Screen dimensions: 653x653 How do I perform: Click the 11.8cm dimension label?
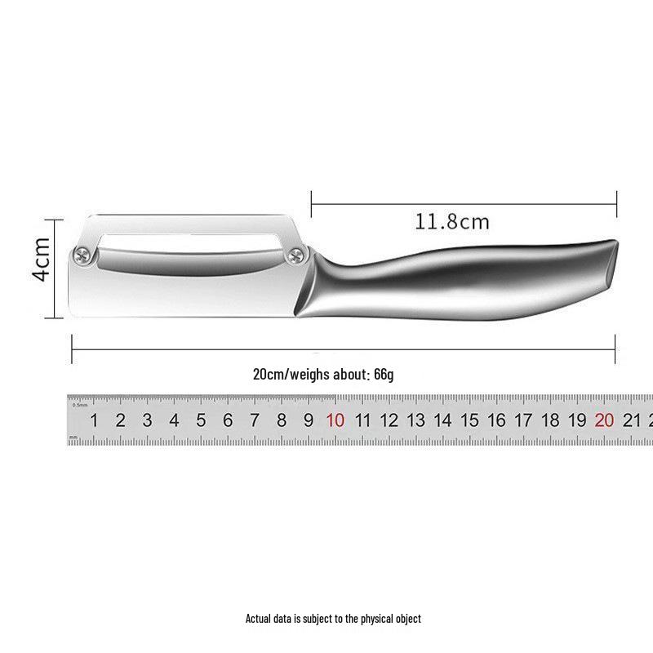click(x=451, y=221)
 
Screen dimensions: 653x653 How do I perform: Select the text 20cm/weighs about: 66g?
click(x=323, y=375)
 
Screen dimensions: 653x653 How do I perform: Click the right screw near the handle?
click(x=294, y=259)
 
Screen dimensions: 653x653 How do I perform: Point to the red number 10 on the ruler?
click(x=335, y=421)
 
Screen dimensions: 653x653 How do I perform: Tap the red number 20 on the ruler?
click(x=604, y=421)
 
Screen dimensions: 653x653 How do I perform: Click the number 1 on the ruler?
click(x=94, y=421)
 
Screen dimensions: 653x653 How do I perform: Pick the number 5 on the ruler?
click(x=201, y=421)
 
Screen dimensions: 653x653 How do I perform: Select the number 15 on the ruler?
click(x=469, y=421)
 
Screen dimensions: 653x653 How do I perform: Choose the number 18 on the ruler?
click(x=550, y=421)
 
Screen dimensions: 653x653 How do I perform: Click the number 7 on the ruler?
click(x=255, y=421)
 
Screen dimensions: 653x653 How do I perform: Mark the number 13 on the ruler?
click(x=415, y=421)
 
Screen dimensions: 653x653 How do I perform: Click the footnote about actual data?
click(x=333, y=619)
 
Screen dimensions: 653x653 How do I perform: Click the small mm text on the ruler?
click(x=74, y=438)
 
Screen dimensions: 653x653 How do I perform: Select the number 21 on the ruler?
click(x=631, y=421)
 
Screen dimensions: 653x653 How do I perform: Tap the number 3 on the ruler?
click(x=147, y=421)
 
